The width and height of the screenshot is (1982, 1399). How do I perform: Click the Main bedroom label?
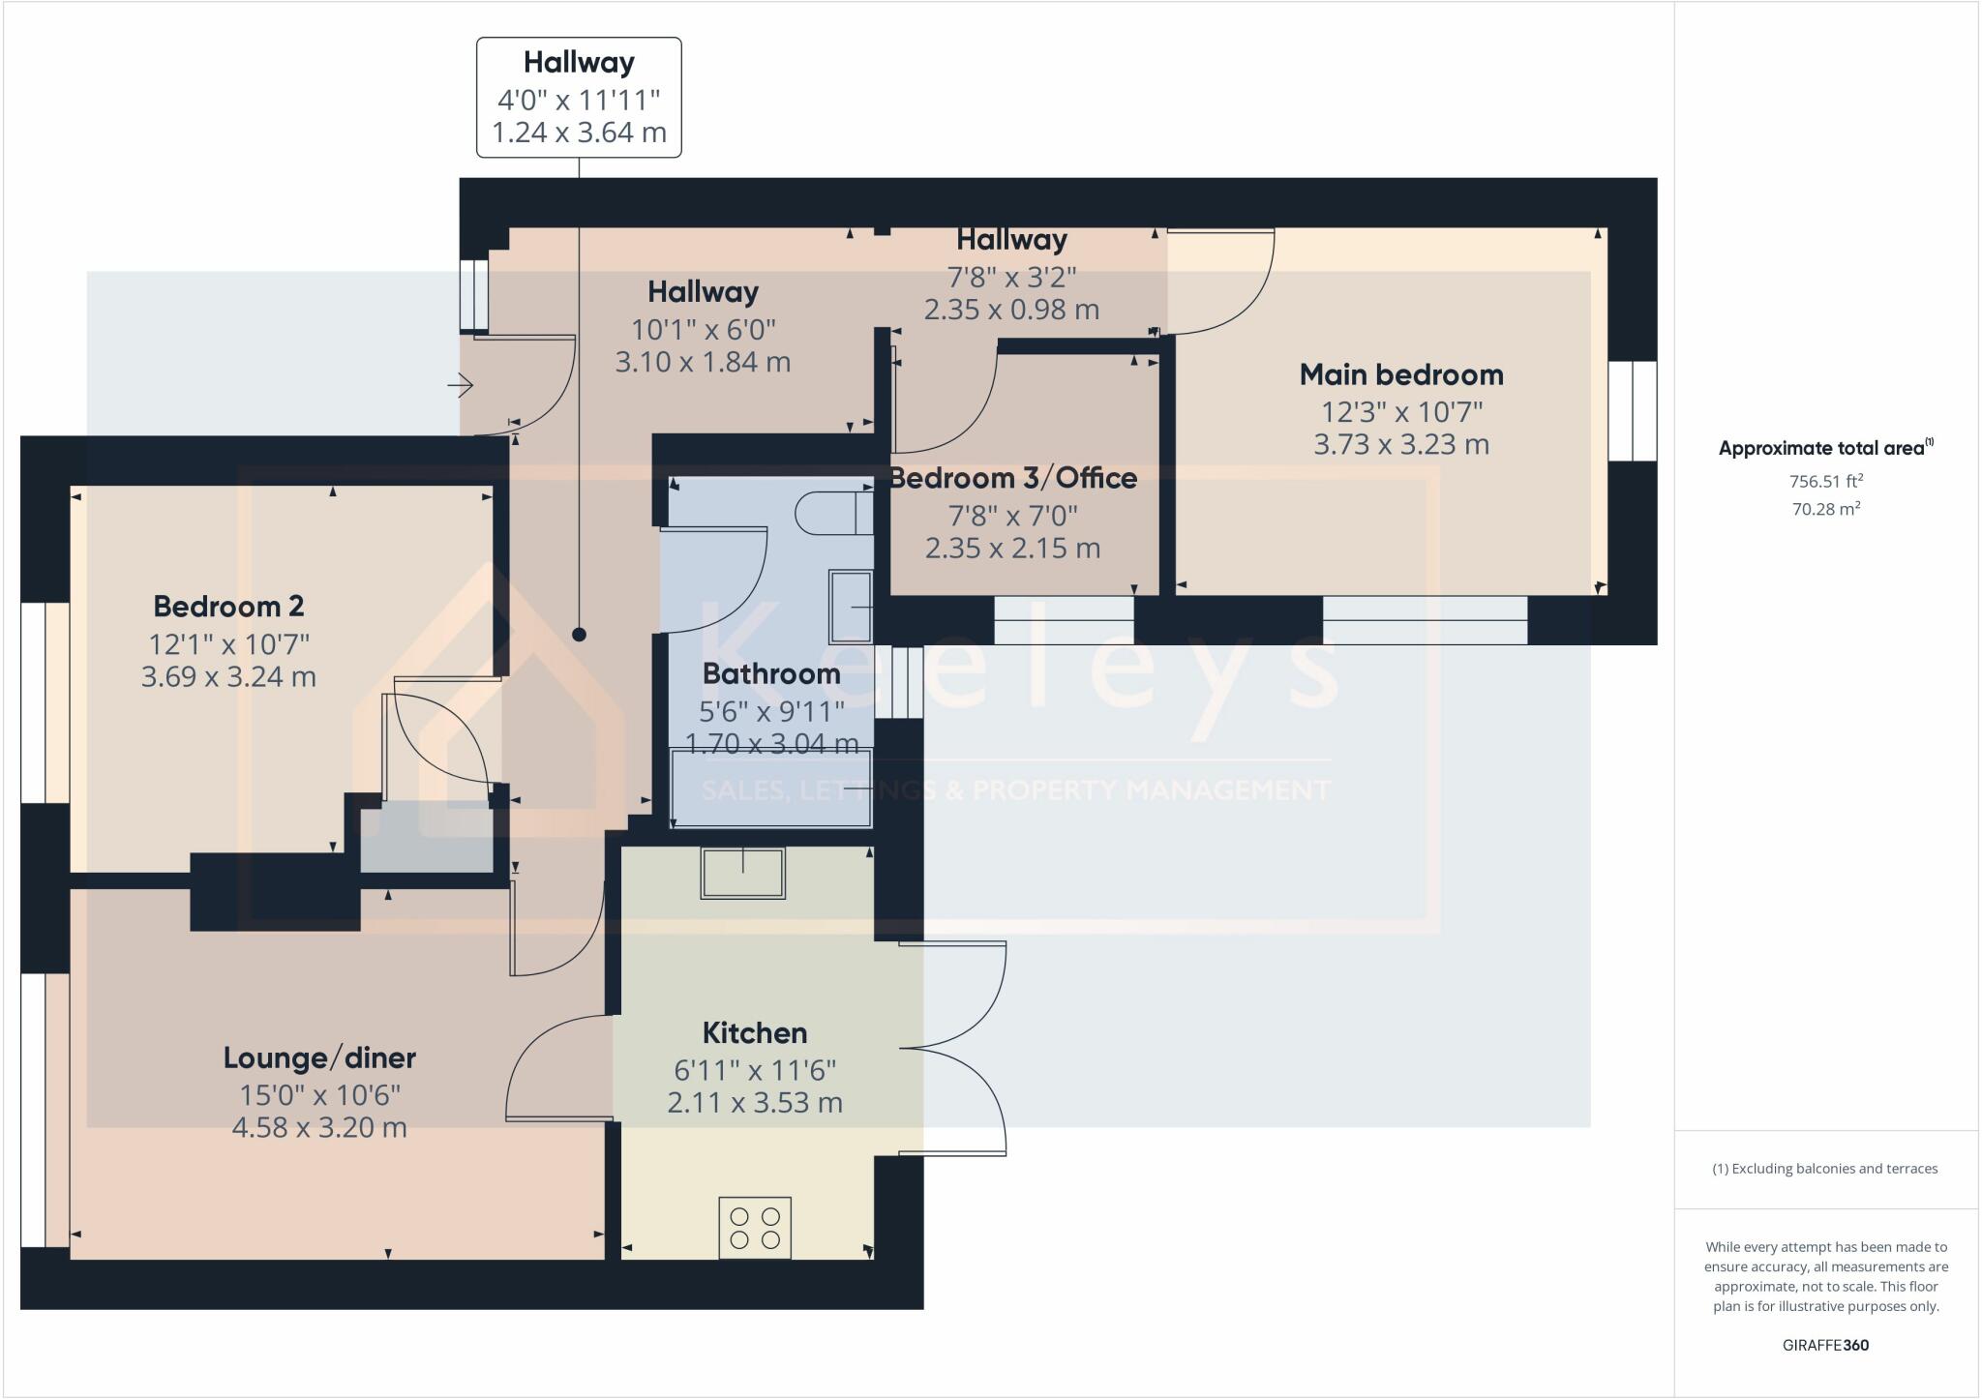1400,374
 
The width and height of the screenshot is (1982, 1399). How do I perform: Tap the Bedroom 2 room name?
228,607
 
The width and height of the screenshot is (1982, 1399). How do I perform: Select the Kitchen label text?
754,1032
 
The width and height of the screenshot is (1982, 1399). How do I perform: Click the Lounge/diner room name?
319,1057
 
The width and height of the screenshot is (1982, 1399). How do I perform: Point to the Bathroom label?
770,673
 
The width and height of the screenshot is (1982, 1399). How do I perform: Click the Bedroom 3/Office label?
1012,478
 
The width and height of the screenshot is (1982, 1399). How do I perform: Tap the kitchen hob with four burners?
755,1228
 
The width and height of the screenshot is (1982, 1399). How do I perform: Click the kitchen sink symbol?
742,873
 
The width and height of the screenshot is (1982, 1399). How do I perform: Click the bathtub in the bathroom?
771,789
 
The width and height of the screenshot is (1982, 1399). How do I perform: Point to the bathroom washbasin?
851,607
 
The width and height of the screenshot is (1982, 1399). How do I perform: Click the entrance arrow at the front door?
461,387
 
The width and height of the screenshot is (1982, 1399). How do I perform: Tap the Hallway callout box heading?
579,63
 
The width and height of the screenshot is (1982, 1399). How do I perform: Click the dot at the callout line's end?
579,635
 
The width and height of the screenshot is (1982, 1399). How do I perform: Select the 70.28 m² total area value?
1825,509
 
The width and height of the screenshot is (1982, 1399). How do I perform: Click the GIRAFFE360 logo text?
1825,1345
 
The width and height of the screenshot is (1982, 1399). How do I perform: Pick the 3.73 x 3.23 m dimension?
1400,445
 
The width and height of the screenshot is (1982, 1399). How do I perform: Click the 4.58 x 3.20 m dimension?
319,1127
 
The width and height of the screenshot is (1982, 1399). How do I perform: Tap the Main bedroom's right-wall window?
1633,411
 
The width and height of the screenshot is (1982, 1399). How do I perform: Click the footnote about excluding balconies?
1825,1169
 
